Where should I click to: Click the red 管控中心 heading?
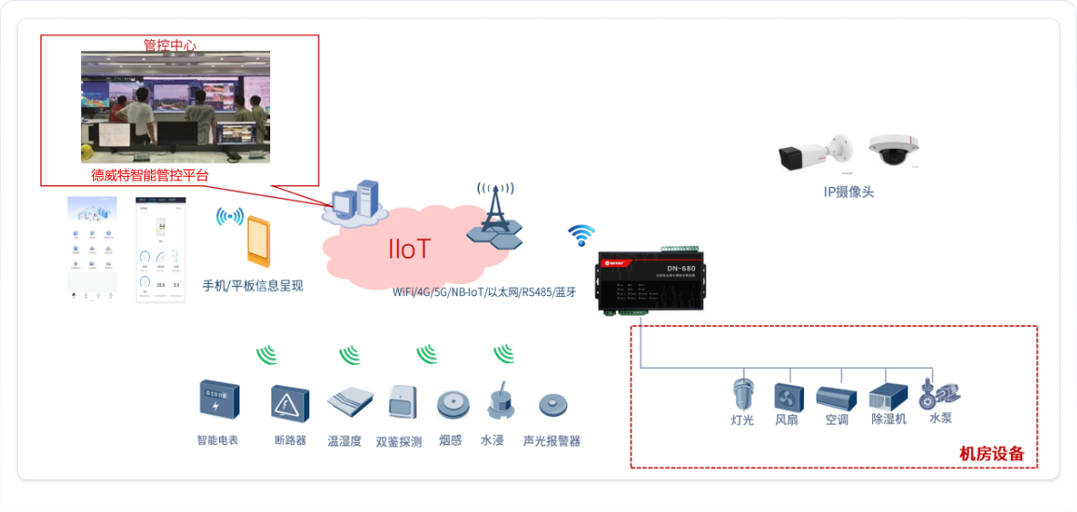170,45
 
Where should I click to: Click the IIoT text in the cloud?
410,249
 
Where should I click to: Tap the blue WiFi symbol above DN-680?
582,235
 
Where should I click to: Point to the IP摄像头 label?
849,193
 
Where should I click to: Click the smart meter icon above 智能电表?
218,401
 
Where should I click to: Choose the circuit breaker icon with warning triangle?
290,403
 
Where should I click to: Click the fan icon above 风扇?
787,397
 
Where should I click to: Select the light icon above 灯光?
743,394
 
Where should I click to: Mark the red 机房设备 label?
991,454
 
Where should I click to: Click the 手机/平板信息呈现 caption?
252,286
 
